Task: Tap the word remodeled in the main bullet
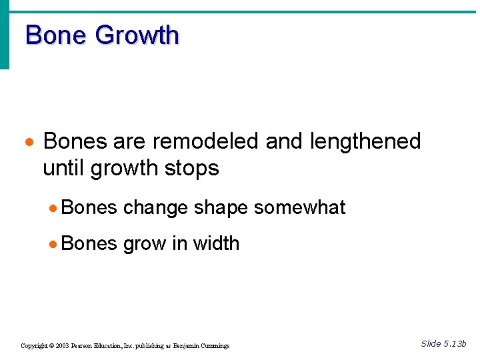(205, 141)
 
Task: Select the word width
(216, 243)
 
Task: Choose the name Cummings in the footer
(215, 346)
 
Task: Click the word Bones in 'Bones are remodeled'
(75, 141)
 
